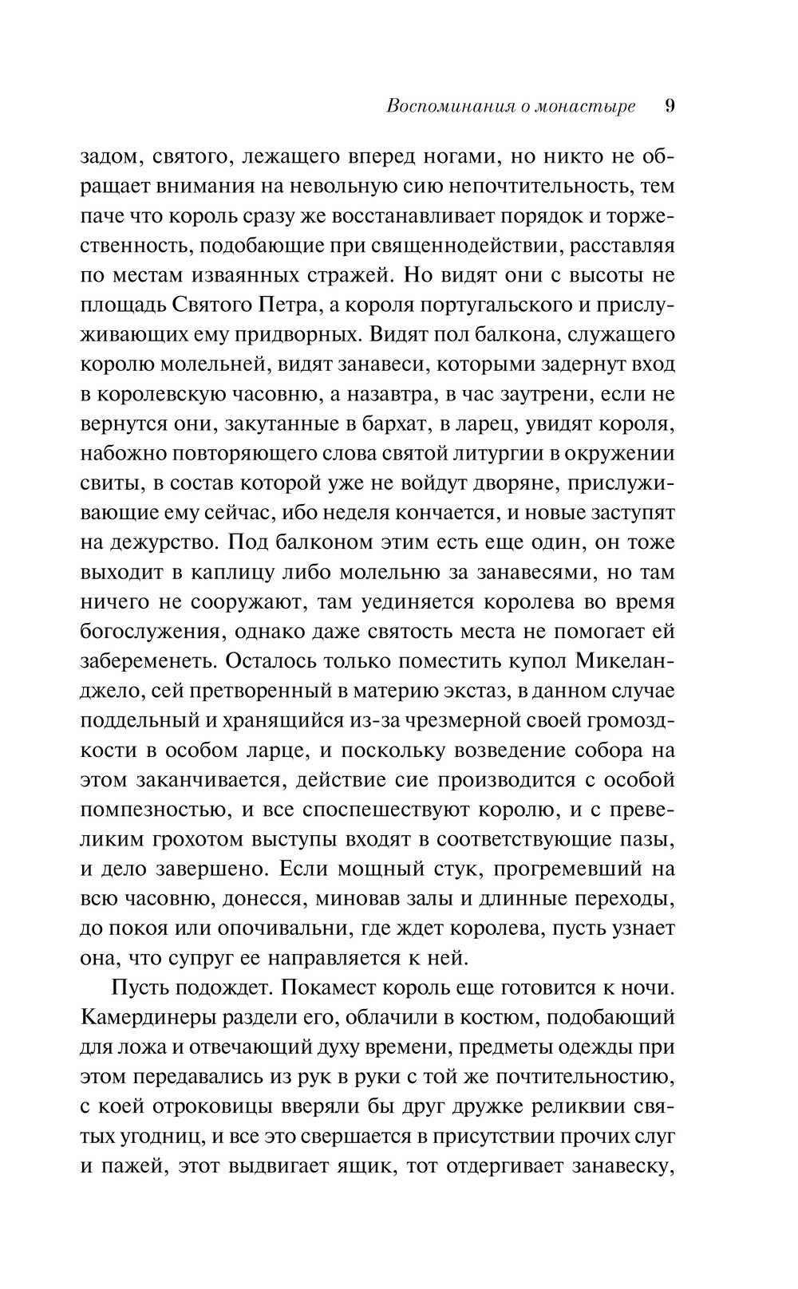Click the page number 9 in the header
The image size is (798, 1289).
coord(670,106)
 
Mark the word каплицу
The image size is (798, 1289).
coord(233,572)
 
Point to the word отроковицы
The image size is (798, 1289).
coord(225,1106)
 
